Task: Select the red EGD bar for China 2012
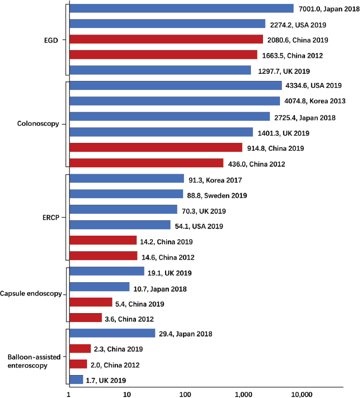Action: point(163,54)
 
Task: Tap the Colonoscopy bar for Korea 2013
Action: point(174,101)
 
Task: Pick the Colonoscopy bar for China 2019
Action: point(155,147)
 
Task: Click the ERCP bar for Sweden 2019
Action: point(126,194)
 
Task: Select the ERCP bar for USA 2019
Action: point(119,225)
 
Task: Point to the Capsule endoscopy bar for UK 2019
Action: point(106,272)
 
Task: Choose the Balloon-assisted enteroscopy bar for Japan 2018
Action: point(112,333)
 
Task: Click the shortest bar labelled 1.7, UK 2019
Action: point(76,380)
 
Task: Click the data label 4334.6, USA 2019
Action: point(312,85)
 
